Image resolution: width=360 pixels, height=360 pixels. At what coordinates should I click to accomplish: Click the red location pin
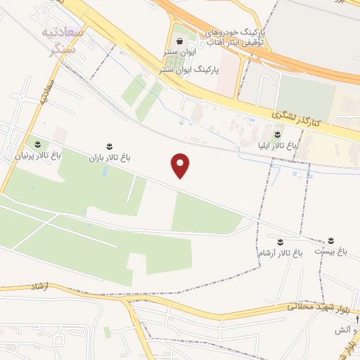point(181,165)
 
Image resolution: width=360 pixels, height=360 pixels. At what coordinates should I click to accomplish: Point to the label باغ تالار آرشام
point(280,254)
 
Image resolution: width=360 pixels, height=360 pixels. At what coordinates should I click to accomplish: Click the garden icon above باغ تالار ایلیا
point(278,134)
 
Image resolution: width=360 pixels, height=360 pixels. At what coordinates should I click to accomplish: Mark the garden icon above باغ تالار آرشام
point(281,242)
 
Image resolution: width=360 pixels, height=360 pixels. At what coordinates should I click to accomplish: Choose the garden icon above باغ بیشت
point(330,240)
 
